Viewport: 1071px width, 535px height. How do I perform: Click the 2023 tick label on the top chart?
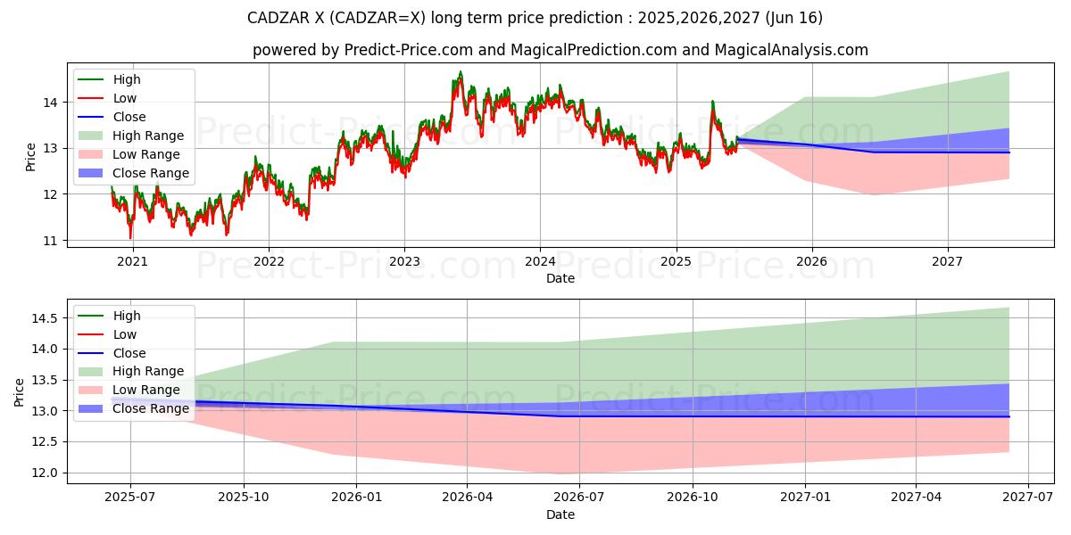coord(404,261)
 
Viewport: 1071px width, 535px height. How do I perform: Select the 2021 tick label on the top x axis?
coord(133,261)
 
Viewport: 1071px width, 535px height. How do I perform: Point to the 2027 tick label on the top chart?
coord(947,261)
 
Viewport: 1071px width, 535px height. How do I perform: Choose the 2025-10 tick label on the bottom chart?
coord(243,498)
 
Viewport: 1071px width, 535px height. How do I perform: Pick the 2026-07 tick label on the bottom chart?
coord(579,498)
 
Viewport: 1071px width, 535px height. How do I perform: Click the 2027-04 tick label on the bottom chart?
coord(917,498)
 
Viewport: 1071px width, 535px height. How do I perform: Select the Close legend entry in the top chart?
coord(129,117)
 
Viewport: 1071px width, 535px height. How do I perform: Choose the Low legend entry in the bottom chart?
coord(125,334)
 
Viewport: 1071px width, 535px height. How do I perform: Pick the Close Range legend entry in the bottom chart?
coord(151,408)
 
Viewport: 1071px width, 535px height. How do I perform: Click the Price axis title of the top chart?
coord(31,157)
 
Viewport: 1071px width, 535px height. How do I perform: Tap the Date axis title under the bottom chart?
coord(560,514)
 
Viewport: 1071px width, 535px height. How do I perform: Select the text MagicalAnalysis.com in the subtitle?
coord(791,50)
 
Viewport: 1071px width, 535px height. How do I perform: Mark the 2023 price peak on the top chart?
coord(461,72)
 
